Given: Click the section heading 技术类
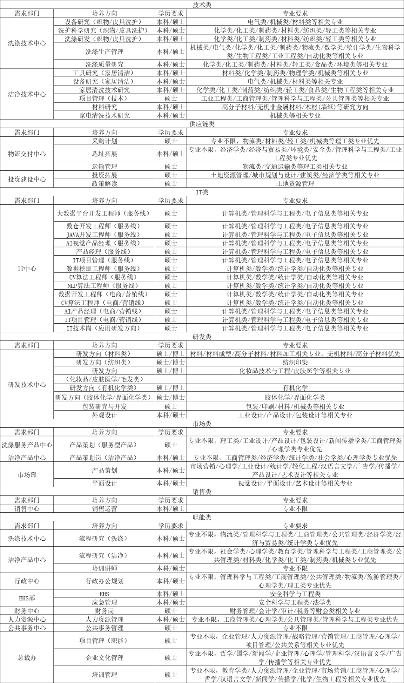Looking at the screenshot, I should click(x=202, y=4).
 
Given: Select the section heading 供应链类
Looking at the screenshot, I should click(x=202, y=124).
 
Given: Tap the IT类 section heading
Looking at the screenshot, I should click(x=202, y=192).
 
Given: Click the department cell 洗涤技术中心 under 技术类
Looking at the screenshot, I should click(x=27, y=43).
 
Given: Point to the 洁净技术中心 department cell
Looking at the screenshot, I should click(x=27, y=94).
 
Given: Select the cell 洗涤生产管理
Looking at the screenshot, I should click(x=104, y=52).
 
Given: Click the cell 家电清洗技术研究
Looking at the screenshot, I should click(x=104, y=116).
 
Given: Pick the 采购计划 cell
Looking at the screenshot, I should click(x=104, y=141).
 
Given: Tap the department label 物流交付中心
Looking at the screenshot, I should click(x=27, y=154).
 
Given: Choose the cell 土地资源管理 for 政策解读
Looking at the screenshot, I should click(x=295, y=184).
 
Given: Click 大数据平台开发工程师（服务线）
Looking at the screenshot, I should click(x=103, y=213).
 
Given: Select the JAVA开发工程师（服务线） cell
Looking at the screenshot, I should click(x=103, y=235).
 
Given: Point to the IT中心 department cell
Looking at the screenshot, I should click(x=27, y=269).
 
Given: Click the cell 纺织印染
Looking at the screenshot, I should click(x=295, y=362).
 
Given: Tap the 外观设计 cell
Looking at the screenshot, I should click(x=104, y=415).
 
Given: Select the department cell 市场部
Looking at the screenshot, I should click(x=27, y=475).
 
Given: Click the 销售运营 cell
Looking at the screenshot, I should click(x=104, y=509).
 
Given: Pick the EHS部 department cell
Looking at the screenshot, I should click(x=27, y=598).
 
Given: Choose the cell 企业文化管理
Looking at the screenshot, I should click(x=104, y=658).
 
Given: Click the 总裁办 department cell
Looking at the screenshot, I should click(x=27, y=658).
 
